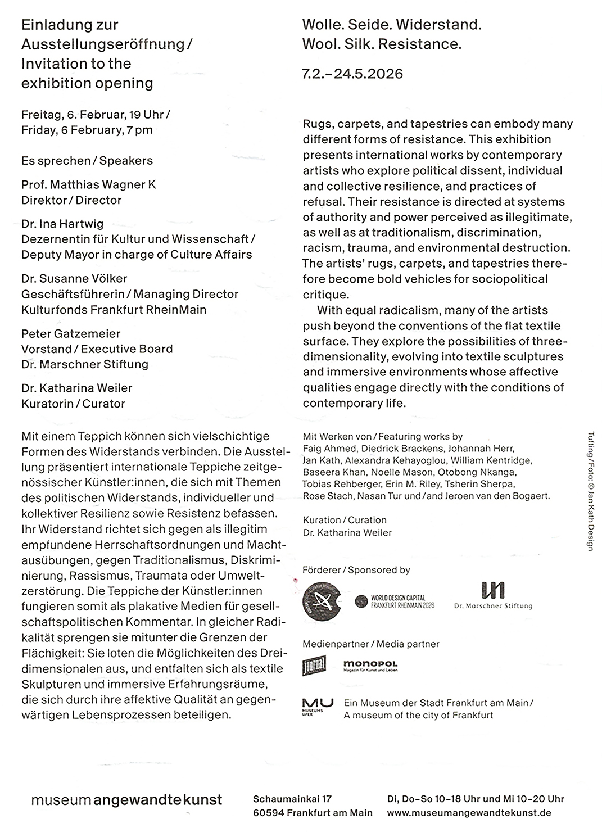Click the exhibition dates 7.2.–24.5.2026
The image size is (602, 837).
pyautogui.click(x=352, y=74)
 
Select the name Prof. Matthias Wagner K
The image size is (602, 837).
pyautogui.click(x=89, y=184)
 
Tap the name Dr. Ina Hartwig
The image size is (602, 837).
pyautogui.click(x=62, y=224)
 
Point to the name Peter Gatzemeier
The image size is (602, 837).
pyautogui.click(x=71, y=333)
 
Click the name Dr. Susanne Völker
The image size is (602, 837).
pyautogui.click(x=74, y=278)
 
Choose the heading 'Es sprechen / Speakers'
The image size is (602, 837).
pyautogui.click(x=87, y=161)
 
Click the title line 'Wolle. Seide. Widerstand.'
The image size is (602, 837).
pyautogui.click(x=392, y=25)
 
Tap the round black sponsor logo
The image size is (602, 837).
pyautogui.click(x=322, y=601)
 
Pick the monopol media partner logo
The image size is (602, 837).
pyautogui.click(x=370, y=666)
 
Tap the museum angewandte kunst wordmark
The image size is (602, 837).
pyautogui.click(x=126, y=799)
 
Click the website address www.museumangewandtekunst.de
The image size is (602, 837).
pyautogui.click(x=469, y=813)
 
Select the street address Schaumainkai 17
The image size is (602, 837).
pyautogui.click(x=292, y=799)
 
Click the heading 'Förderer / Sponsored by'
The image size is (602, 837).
pyautogui.click(x=356, y=570)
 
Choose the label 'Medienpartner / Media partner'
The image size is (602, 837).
pyautogui.click(x=370, y=644)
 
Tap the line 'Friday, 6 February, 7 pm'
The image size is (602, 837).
pyautogui.click(x=87, y=130)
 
